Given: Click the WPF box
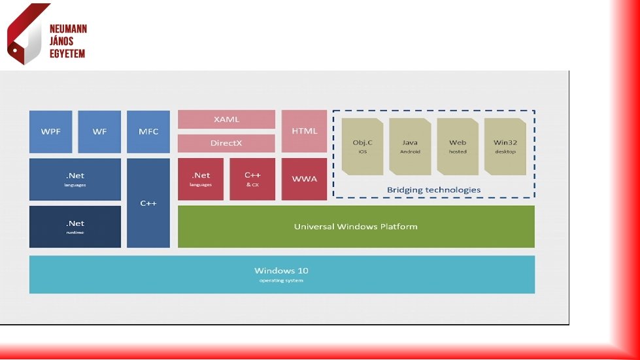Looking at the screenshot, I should tap(50, 131).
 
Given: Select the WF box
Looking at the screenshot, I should tap(99, 131).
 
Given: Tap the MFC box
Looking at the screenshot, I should tap(148, 131).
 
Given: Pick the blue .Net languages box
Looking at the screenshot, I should tap(75, 179).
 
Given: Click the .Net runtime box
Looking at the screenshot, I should tap(75, 227).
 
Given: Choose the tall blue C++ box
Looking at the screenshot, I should tap(148, 203).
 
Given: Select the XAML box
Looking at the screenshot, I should tap(226, 120).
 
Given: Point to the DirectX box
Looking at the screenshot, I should tap(226, 143).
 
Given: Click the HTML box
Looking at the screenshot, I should tap(305, 131).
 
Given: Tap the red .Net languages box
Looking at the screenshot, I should tap(201, 179).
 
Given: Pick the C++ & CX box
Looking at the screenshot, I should tap(252, 179).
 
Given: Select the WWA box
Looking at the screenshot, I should tap(305, 179).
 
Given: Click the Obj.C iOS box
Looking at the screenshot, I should tap(363, 147).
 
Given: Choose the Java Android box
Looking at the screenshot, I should tap(410, 147).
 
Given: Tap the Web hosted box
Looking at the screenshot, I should tap(458, 147).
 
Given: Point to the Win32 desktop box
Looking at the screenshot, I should tap(505, 147).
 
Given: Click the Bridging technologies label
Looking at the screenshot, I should tap(433, 190).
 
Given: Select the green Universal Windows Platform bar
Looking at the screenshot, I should tap(356, 227).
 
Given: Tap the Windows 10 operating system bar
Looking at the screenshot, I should tap(282, 274).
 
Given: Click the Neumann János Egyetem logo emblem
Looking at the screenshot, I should tap(26, 34).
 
